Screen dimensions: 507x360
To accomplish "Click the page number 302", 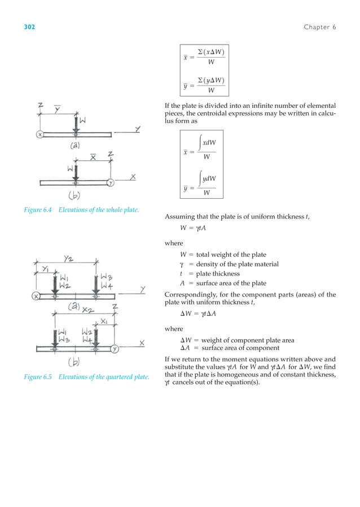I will click(x=29, y=27).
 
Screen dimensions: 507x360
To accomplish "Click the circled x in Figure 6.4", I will click(x=41, y=134).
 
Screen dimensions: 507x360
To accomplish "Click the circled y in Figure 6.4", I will click(x=111, y=182).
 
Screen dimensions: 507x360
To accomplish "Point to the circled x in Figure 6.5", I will click(x=37, y=296).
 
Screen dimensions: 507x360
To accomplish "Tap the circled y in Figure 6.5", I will click(x=115, y=348).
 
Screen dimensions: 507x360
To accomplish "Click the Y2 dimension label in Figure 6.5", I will click(x=69, y=259).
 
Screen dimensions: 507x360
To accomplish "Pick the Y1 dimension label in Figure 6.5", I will click(x=45, y=269).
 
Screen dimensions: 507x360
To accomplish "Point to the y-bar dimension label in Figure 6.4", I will click(x=58, y=108).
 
